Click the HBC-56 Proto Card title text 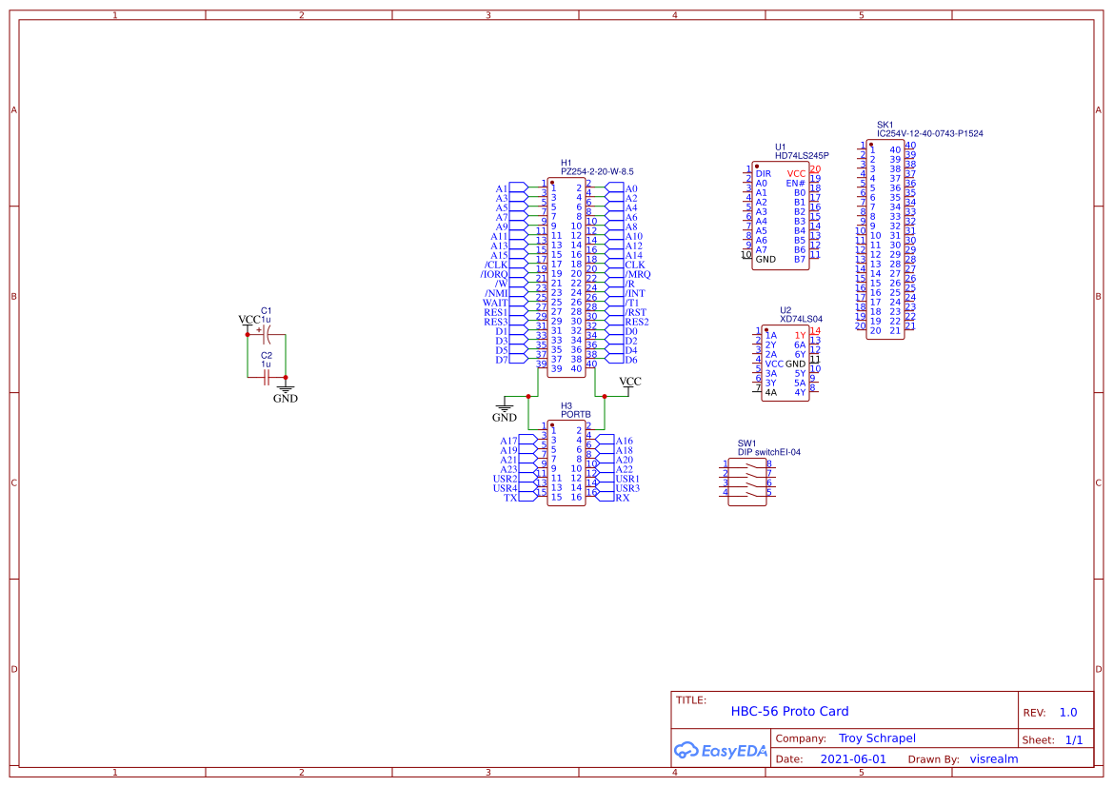tap(789, 711)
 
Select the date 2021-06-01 tap(853, 759)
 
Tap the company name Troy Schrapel tap(877, 738)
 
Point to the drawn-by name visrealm tap(994, 759)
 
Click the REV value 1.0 tap(1068, 712)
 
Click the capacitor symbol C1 tap(267, 335)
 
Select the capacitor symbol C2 tap(267, 377)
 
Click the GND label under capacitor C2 tap(285, 399)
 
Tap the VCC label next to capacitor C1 tap(248, 320)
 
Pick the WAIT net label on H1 tap(495, 303)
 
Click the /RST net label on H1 tap(636, 312)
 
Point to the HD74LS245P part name tap(802, 155)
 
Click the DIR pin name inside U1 tap(763, 173)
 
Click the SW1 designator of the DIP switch tap(746, 443)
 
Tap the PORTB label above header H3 tap(576, 415)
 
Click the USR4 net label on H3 tap(505, 488)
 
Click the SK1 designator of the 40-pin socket tap(884, 125)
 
